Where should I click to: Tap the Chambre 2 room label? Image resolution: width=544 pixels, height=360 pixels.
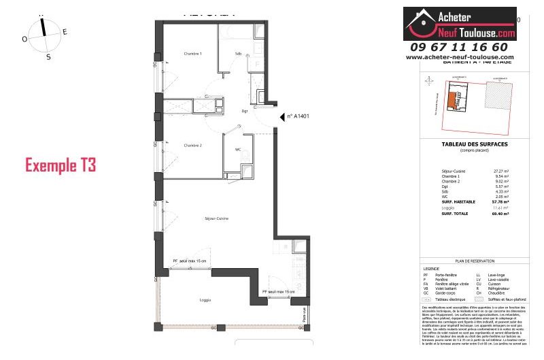[x=193, y=145]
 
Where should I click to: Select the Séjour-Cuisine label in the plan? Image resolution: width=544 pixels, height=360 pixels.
[x=216, y=218]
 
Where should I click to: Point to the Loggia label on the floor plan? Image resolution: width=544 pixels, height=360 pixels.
[x=205, y=300]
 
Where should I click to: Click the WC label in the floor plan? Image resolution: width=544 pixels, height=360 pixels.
[x=238, y=149]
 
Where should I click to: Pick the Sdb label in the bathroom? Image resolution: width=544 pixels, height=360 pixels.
[x=238, y=53]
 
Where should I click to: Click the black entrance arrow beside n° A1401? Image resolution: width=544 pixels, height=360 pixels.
[x=281, y=117]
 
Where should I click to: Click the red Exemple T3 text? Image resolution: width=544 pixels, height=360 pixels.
[x=61, y=165]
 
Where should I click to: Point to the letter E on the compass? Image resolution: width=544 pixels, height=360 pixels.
[x=65, y=32]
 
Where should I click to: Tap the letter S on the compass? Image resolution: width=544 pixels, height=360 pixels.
[x=48, y=57]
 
